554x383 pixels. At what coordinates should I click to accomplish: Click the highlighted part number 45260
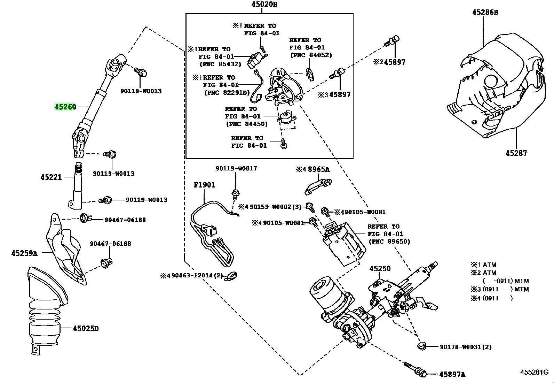[65, 107]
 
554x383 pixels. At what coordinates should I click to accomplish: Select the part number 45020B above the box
[264, 4]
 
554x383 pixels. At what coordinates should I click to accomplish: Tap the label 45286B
[485, 12]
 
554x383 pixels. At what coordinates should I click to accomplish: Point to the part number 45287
[516, 153]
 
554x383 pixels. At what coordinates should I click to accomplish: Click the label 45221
[51, 177]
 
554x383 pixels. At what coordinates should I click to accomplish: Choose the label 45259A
[24, 253]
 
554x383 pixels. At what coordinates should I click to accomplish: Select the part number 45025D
[86, 329]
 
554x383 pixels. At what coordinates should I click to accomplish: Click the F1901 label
[205, 185]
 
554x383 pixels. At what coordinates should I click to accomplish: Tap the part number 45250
[380, 269]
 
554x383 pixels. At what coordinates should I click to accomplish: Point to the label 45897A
[452, 374]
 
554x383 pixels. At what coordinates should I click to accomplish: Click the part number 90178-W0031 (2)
[466, 347]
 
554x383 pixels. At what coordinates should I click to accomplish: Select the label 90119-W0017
[236, 168]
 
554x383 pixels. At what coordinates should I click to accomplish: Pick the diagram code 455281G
[534, 372]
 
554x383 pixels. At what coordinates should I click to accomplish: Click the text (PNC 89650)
[389, 242]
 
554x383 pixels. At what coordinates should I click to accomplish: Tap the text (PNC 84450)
[247, 124]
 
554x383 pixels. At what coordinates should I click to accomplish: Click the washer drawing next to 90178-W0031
[421, 346]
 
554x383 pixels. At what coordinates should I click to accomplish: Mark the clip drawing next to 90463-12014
[231, 276]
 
